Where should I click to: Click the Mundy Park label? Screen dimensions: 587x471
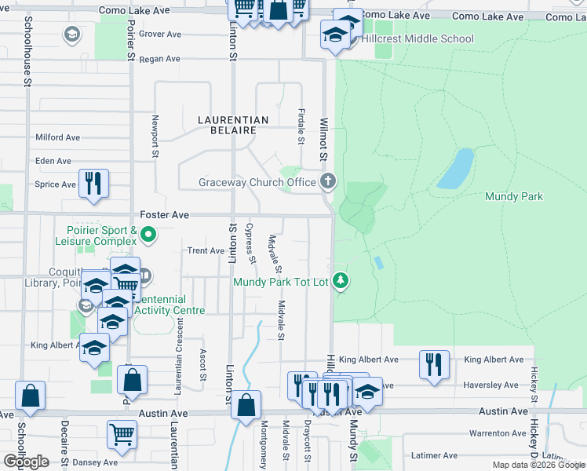click(x=514, y=196)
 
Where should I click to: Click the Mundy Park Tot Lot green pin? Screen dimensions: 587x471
click(x=340, y=280)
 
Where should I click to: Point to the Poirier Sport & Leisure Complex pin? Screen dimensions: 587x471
click(x=148, y=234)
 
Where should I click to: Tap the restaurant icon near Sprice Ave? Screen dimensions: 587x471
click(x=93, y=183)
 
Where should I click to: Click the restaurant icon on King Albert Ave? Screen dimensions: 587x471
click(x=434, y=363)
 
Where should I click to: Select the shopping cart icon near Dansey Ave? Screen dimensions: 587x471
click(x=122, y=433)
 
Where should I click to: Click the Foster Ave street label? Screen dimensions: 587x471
click(x=165, y=214)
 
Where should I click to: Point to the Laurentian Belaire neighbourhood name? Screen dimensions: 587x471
click(x=233, y=125)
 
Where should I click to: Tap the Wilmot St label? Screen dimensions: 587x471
click(x=323, y=140)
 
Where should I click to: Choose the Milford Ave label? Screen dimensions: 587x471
click(x=57, y=137)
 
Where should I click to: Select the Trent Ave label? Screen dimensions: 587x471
click(x=206, y=250)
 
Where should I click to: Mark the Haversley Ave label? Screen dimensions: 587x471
click(x=491, y=385)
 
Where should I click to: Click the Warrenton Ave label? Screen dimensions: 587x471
click(x=496, y=433)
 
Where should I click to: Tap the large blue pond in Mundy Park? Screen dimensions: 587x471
click(x=455, y=169)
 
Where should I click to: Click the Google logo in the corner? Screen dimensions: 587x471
click(x=26, y=462)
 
